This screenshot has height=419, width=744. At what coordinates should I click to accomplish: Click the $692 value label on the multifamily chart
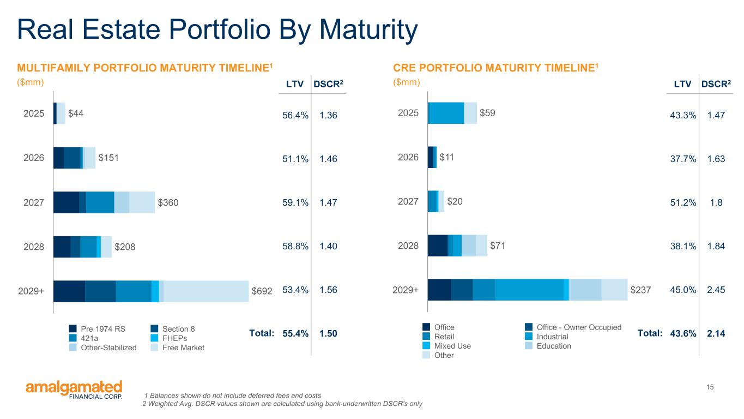click(262, 291)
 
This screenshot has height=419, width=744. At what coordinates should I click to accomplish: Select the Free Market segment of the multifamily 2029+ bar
click(206, 291)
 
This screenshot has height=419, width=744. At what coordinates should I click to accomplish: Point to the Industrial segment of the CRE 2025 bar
click(447, 113)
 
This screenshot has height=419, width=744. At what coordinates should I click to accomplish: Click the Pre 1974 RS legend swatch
click(73, 328)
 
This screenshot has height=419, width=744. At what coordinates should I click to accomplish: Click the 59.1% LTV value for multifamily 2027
click(295, 203)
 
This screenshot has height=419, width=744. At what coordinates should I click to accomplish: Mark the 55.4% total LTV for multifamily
click(295, 333)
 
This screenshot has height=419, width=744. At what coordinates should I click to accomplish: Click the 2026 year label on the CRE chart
click(408, 157)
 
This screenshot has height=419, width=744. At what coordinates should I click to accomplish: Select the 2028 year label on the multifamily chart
click(34, 247)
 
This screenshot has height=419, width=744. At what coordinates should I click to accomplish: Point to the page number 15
click(710, 387)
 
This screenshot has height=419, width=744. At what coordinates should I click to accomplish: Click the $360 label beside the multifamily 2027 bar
click(168, 203)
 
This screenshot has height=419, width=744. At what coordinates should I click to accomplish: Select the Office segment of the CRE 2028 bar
click(438, 246)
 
